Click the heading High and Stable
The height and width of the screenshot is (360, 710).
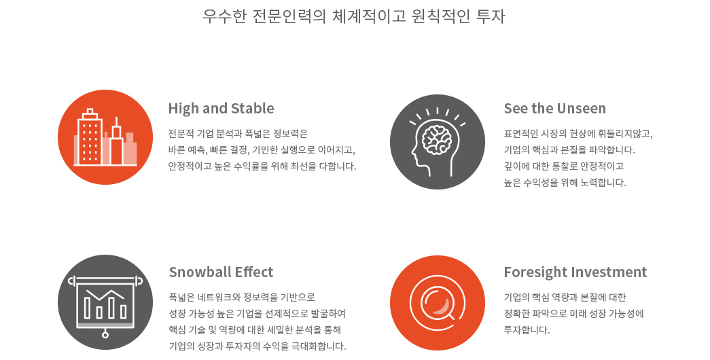pyautogui.click(x=221, y=109)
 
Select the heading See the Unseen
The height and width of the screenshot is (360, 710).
pyautogui.click(x=554, y=109)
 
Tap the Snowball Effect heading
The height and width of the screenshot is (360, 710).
pyautogui.click(x=221, y=272)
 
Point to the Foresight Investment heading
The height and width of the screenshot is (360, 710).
pyautogui.click(x=575, y=272)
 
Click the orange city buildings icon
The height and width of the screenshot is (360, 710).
pyautogui.click(x=105, y=137)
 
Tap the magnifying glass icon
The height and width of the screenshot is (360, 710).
pyautogui.click(x=438, y=302)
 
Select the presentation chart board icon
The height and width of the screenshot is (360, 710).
pyautogui.click(x=105, y=302)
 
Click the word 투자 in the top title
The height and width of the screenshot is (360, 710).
pyautogui.click(x=491, y=16)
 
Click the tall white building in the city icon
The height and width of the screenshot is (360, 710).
pyautogui.click(x=90, y=137)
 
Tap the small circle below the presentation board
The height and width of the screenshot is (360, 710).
pyautogui.click(x=105, y=335)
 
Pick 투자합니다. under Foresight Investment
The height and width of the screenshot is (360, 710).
pyautogui.click(x=527, y=330)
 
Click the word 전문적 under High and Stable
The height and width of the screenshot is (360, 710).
pyautogui.click(x=181, y=134)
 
